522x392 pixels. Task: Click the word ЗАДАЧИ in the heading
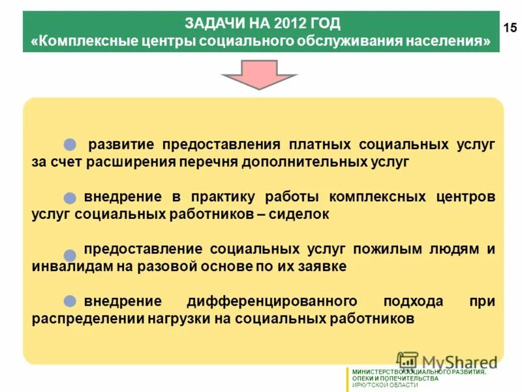coord(213,24)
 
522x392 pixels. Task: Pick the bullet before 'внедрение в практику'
coord(70,197)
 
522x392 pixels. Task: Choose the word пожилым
coord(383,249)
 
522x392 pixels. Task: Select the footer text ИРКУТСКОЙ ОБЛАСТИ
coord(385,385)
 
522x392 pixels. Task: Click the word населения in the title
coord(446,41)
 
